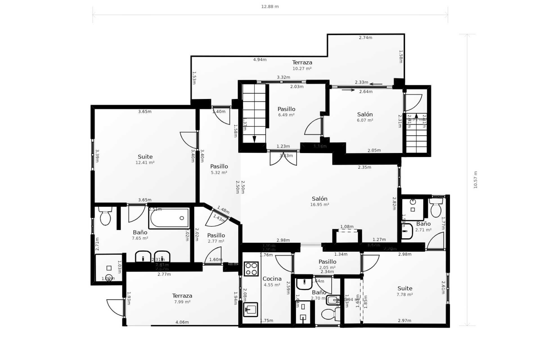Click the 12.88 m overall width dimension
[x=270, y=6]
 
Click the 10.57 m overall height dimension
[x=475, y=180]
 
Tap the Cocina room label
[x=272, y=279]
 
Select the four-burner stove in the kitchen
[x=251, y=269]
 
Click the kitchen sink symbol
[x=250, y=310]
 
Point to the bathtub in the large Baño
[x=169, y=218]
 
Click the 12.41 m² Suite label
[x=145, y=159]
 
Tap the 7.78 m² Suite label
[x=405, y=291]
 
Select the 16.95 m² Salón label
[x=319, y=201]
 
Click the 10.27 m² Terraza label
[x=302, y=65]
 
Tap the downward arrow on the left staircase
[x=254, y=139]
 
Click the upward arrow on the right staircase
[x=417, y=115]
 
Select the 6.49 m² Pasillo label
[x=286, y=111]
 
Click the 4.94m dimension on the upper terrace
[x=260, y=60]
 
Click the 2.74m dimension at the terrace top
[x=365, y=38]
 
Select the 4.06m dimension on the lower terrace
[x=182, y=322]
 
